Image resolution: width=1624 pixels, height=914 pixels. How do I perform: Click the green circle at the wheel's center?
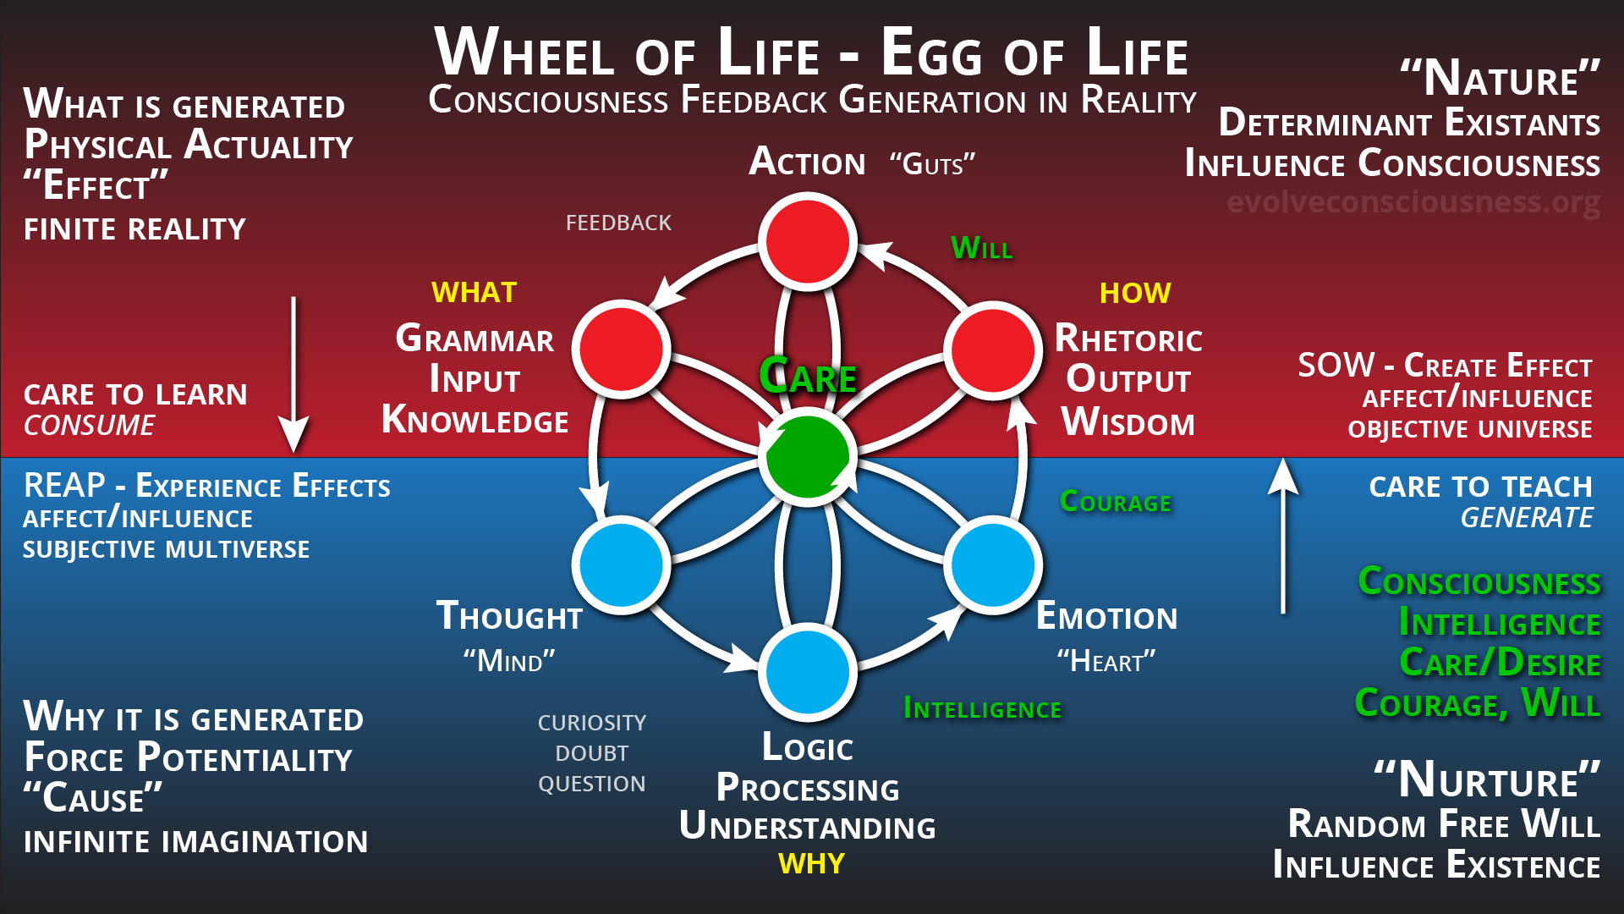pyautogui.click(x=808, y=457)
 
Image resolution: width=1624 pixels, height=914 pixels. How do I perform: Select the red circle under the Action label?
pyautogui.click(x=808, y=241)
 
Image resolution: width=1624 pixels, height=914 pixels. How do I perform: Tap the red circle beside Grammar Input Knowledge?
pyautogui.click(x=622, y=349)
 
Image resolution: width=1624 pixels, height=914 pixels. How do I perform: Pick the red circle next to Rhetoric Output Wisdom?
pyautogui.click(x=993, y=349)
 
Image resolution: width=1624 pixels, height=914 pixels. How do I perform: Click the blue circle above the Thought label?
pyautogui.click(x=622, y=564)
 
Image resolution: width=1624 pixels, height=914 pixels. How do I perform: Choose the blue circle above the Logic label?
pyautogui.click(x=808, y=672)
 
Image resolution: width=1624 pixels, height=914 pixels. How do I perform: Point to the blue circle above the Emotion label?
pyautogui.click(x=993, y=564)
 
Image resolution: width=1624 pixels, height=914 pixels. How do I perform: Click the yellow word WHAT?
pyautogui.click(x=474, y=293)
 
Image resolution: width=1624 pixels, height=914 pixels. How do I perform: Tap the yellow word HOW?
pyautogui.click(x=1135, y=293)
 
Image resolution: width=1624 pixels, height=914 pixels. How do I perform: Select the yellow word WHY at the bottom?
pyautogui.click(x=811, y=863)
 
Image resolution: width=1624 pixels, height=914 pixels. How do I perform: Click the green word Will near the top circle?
pyautogui.click(x=981, y=248)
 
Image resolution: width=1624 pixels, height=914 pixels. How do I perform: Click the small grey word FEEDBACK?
pyautogui.click(x=618, y=223)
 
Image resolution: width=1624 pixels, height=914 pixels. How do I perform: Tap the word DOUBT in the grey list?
pyautogui.click(x=592, y=753)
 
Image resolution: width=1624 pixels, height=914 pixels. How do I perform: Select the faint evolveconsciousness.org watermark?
pyautogui.click(x=1413, y=202)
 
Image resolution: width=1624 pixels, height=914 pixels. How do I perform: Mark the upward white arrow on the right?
pyautogui.click(x=1283, y=533)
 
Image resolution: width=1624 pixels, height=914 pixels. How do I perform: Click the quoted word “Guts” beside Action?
pyautogui.click(x=932, y=163)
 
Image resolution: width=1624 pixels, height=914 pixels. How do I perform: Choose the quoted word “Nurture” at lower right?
pyautogui.click(x=1487, y=779)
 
